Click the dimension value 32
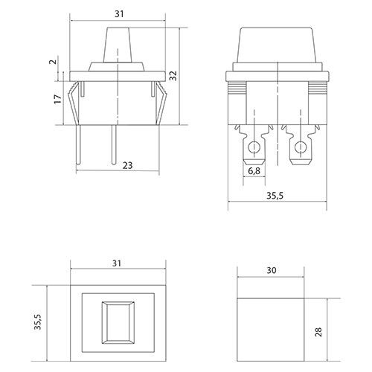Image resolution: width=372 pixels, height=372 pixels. pos(174,76)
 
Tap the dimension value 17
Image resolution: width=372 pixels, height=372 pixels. pos(58,99)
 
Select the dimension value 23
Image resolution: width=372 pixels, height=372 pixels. pos(128,165)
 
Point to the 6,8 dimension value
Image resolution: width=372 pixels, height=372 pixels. pos(254,171)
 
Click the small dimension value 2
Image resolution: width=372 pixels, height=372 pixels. pos(54,62)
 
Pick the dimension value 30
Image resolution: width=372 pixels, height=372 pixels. pos(272,270)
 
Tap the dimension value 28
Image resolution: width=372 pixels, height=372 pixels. pos(318,332)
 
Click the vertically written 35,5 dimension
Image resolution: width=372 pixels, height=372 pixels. pos(38,321)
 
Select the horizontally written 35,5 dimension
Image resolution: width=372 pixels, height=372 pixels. pos(275,196)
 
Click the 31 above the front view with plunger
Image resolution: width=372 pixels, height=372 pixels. pos(119,14)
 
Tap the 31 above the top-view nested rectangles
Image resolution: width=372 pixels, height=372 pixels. pos(117,263)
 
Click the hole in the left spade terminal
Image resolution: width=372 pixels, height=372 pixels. pos(254,147)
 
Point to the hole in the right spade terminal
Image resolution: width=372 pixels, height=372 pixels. pos(301,147)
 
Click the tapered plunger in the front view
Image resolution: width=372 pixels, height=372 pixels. pos(118,45)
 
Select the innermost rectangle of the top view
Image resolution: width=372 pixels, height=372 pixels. pos(118,322)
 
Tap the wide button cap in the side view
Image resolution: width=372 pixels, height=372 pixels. pos(278,45)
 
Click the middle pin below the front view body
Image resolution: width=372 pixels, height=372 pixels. pos(114,144)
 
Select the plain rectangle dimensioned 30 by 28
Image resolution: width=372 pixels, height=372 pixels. pos(271,330)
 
